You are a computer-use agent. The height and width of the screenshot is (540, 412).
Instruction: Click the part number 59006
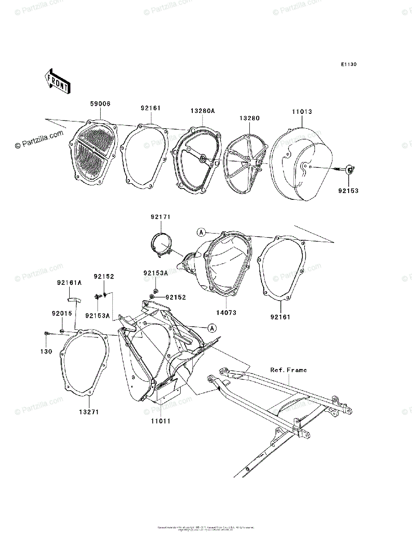(x=99, y=104)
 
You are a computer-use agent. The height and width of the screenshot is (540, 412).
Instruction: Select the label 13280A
(x=202, y=110)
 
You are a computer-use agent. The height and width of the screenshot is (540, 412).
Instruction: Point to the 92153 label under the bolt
(x=348, y=191)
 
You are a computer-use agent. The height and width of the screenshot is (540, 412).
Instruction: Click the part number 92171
(x=160, y=217)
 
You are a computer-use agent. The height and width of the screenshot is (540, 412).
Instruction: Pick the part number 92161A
(x=69, y=283)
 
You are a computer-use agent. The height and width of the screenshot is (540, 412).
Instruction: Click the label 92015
(x=62, y=313)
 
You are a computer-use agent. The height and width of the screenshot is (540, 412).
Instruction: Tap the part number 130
(x=46, y=351)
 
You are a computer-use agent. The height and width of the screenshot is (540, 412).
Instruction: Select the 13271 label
(x=89, y=412)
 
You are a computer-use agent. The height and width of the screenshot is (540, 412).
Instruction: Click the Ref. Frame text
(x=288, y=370)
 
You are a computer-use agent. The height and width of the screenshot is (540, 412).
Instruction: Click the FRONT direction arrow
(x=57, y=81)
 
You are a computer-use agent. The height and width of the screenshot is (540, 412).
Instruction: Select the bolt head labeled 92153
(x=350, y=169)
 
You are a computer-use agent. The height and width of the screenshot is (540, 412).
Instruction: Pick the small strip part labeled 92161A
(x=73, y=298)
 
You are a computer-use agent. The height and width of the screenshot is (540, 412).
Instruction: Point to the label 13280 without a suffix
(x=249, y=118)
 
